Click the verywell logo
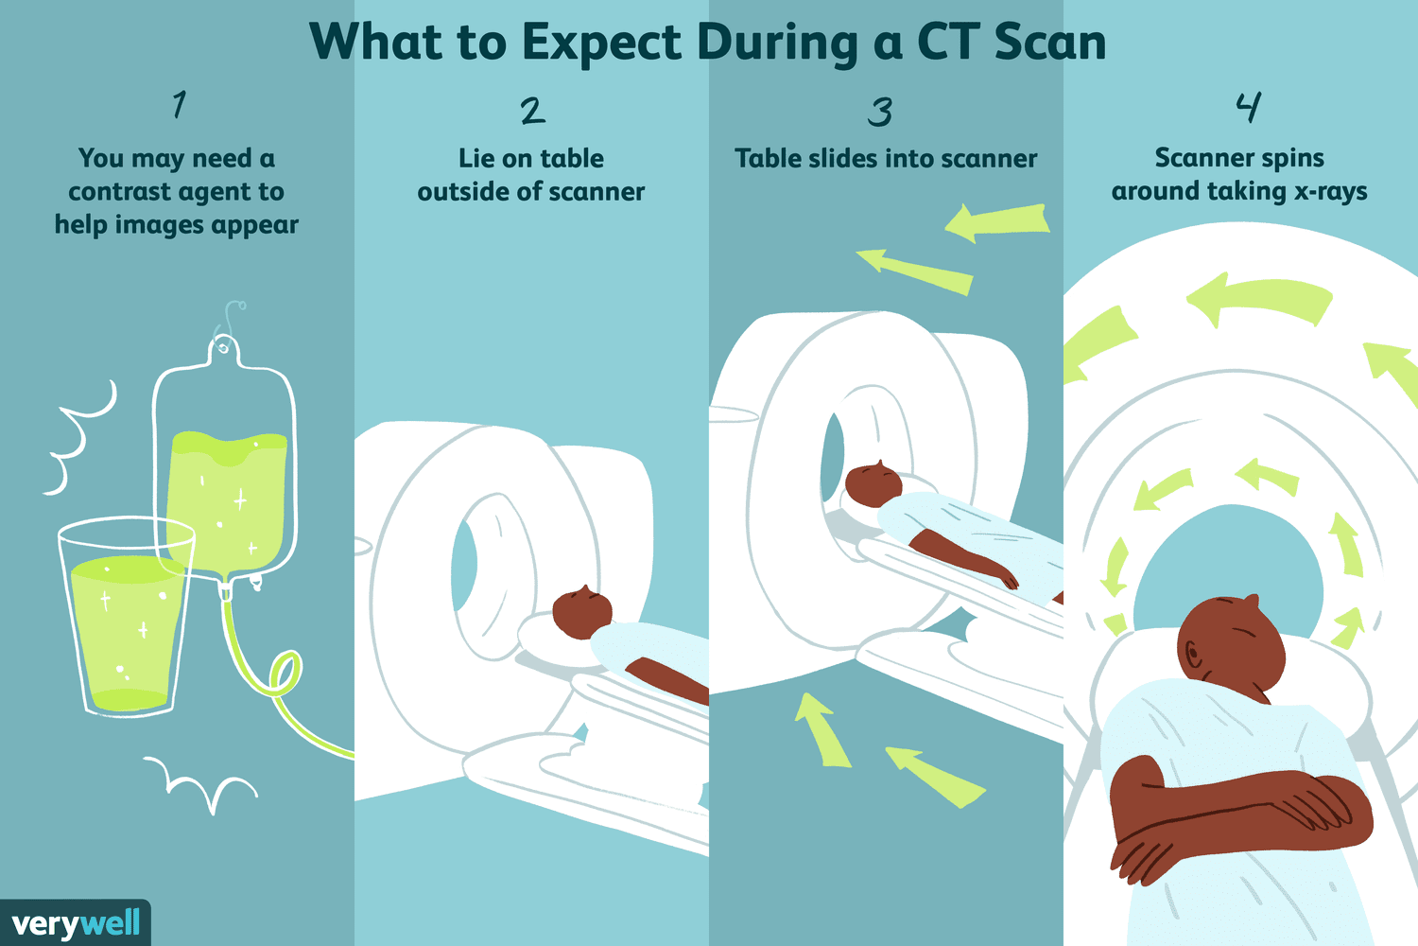point(76,923)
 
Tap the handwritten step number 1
point(179,104)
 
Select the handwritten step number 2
point(532,111)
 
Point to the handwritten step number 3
point(880,113)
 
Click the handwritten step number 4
point(1248,107)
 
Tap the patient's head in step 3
point(873,483)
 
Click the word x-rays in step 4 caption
point(1330,191)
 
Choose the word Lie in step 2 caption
point(476,158)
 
